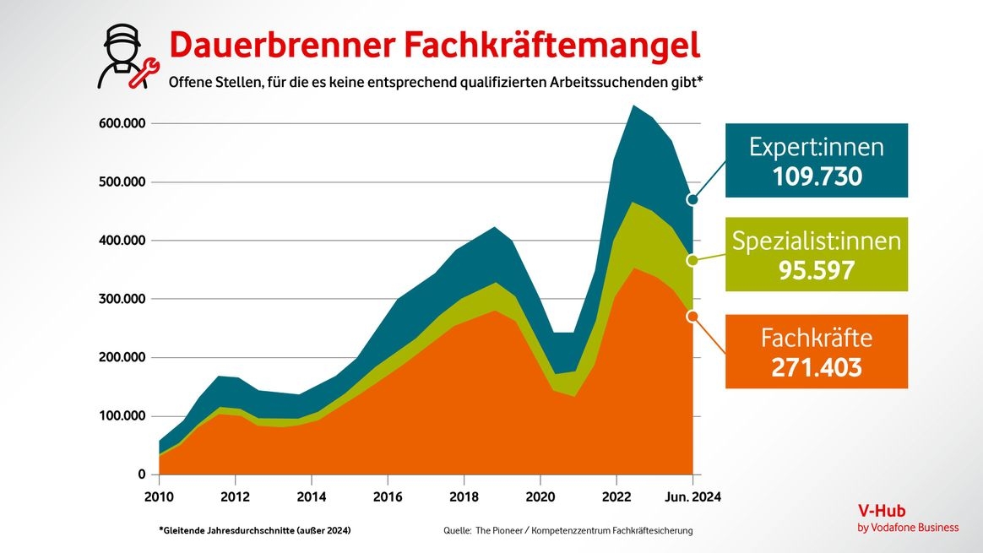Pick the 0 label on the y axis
142,474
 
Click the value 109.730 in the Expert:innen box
817,176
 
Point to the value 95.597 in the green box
817,270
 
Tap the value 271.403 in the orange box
817,367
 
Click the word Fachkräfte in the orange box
817,339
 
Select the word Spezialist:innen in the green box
817,241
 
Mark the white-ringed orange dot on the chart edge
692,316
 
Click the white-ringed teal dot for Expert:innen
692,200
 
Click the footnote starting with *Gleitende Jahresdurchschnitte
254,530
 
